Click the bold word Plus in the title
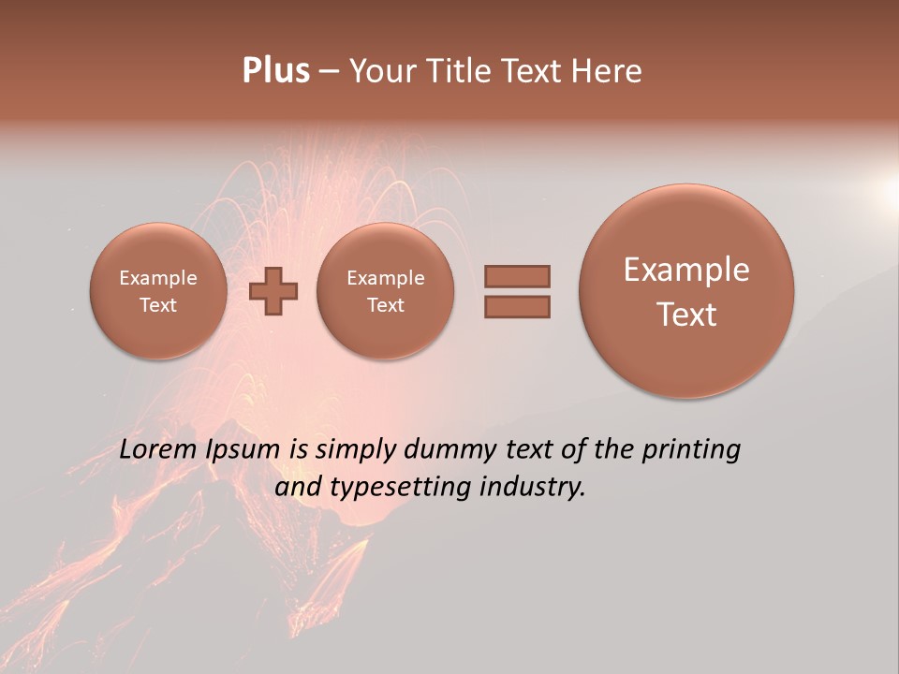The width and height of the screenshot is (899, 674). coord(275,71)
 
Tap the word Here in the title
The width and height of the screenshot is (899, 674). coord(608,71)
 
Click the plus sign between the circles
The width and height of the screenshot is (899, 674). coord(273,291)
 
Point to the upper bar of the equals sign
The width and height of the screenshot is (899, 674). coord(517,276)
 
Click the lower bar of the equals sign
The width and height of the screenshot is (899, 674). coord(517,306)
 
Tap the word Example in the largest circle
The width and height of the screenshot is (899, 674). coord(686,270)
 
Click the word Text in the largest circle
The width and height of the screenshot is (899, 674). coord(686,315)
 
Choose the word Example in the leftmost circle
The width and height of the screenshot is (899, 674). coord(157,278)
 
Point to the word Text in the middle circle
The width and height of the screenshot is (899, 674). coord(385,305)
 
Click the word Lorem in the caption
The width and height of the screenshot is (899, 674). coord(158,449)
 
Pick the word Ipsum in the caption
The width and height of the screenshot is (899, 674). coord(243,450)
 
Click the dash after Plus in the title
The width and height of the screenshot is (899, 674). coord(330,71)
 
